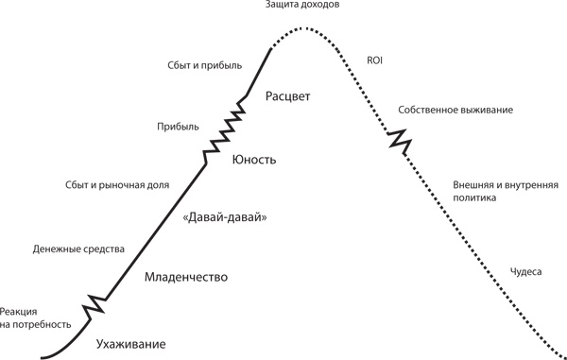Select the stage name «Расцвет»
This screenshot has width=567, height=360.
pos(288,96)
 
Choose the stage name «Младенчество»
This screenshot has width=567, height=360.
pos(188,278)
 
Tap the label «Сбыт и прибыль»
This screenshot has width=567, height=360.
pos(204,65)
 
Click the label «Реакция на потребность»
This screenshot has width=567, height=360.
pos(36,317)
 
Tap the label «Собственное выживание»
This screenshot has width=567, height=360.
pos(455,111)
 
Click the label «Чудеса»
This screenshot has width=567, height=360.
pos(524,271)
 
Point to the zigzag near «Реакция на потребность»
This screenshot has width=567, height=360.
pos(95,307)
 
